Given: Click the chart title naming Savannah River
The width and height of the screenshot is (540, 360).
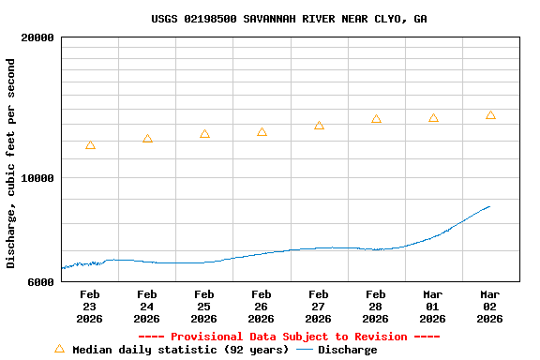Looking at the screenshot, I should coord(289,19).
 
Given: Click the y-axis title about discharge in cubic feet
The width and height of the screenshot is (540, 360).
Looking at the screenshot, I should coord(11,163).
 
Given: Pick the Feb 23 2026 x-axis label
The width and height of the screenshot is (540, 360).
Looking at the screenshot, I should coord(89,307).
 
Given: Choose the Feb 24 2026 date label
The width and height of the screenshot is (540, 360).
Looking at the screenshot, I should coord(147,307).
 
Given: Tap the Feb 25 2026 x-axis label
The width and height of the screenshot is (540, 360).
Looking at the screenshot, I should coord(204,307).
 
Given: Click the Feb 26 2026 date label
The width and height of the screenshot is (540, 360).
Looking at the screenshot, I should coord(262,307).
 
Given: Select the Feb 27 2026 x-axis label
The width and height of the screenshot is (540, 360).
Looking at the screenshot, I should coord(319,307).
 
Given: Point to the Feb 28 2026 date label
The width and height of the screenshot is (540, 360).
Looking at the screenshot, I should coord(376,307).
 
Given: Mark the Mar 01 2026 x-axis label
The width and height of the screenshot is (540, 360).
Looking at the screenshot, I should coord(433,307).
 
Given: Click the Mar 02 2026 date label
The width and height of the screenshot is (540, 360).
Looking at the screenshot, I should coord(490,307).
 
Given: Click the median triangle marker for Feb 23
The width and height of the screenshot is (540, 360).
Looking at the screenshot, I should coord(90,145).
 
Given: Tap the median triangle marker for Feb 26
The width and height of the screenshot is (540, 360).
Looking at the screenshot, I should coord(262,132).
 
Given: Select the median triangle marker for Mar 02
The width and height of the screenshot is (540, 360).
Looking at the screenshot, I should coord(490,115).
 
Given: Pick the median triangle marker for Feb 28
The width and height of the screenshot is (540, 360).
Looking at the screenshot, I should coord(376,119).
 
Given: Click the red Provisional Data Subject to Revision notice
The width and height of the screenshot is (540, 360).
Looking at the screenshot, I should coord(289,337).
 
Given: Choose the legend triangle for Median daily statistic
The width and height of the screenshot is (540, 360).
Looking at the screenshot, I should coord(59,349).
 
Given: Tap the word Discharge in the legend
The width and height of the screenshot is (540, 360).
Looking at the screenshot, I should coord(347,350).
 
